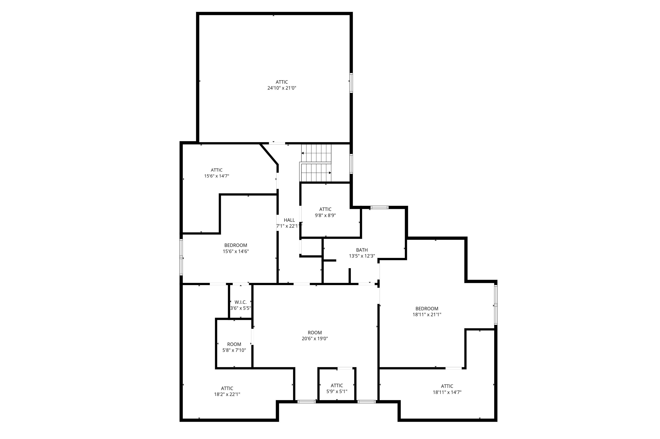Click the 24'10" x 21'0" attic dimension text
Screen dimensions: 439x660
(281, 88)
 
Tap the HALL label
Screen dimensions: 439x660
(289, 220)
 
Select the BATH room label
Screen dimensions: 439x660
(362, 250)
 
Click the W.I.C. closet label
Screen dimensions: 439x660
(240, 302)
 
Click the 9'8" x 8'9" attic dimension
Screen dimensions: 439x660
(325, 215)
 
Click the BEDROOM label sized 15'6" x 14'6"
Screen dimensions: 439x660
(235, 245)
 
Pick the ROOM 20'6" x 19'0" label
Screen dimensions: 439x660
(315, 333)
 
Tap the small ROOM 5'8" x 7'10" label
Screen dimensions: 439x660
(234, 344)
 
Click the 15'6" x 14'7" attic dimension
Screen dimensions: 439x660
(216, 176)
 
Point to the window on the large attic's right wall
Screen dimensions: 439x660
(351, 83)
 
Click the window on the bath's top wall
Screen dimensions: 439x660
(379, 207)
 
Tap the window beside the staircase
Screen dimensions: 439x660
(351, 164)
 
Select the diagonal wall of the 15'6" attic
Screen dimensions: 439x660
(269, 154)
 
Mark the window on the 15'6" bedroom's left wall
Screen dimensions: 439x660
(181, 257)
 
